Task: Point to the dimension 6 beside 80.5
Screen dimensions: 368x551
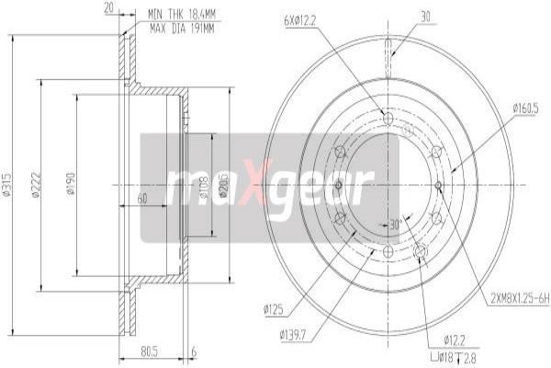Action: click(195, 350)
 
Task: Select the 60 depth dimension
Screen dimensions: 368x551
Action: click(142, 199)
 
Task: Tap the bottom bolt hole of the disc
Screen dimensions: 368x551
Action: click(388, 251)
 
